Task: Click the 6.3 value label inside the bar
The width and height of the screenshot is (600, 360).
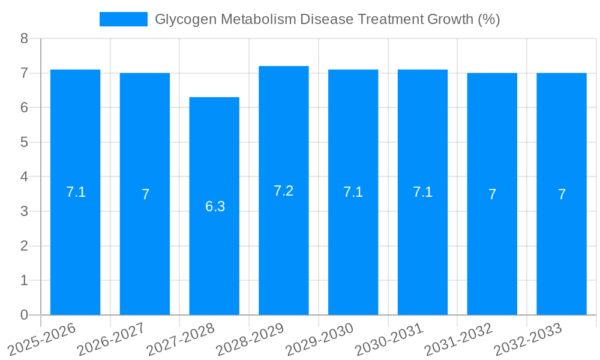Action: tap(215, 206)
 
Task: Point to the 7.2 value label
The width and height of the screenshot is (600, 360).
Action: tap(283, 191)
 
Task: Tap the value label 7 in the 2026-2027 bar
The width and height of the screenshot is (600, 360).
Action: tap(145, 194)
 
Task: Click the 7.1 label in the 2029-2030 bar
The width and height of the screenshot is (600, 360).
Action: tap(353, 192)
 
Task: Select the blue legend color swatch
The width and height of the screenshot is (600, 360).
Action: tap(123, 19)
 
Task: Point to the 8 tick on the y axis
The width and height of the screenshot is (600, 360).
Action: tap(24, 38)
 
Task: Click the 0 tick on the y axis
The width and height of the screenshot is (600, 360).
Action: tap(24, 315)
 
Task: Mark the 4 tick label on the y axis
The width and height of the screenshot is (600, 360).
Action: tap(24, 177)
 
